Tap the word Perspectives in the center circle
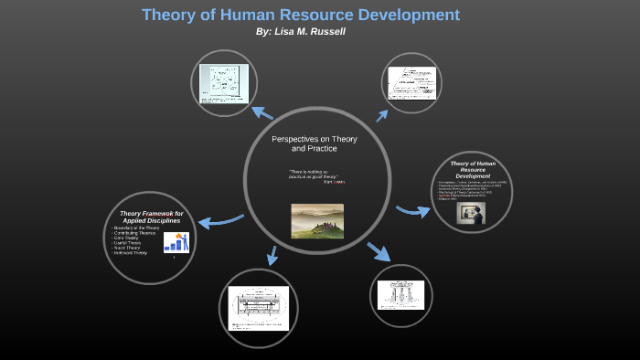tap(293, 139)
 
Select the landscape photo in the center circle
tap(317, 220)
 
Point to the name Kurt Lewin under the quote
tap(334, 182)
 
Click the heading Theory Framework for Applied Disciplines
tap(152, 217)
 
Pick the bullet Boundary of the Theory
tap(135, 227)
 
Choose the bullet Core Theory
tap(125, 237)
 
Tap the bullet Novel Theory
tap(126, 247)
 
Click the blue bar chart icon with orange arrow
tap(176, 242)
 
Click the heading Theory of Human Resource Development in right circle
tap(473, 169)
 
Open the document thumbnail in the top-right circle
tap(411, 83)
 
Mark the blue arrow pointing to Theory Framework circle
tap(219, 220)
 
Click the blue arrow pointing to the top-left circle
tap(262, 112)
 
